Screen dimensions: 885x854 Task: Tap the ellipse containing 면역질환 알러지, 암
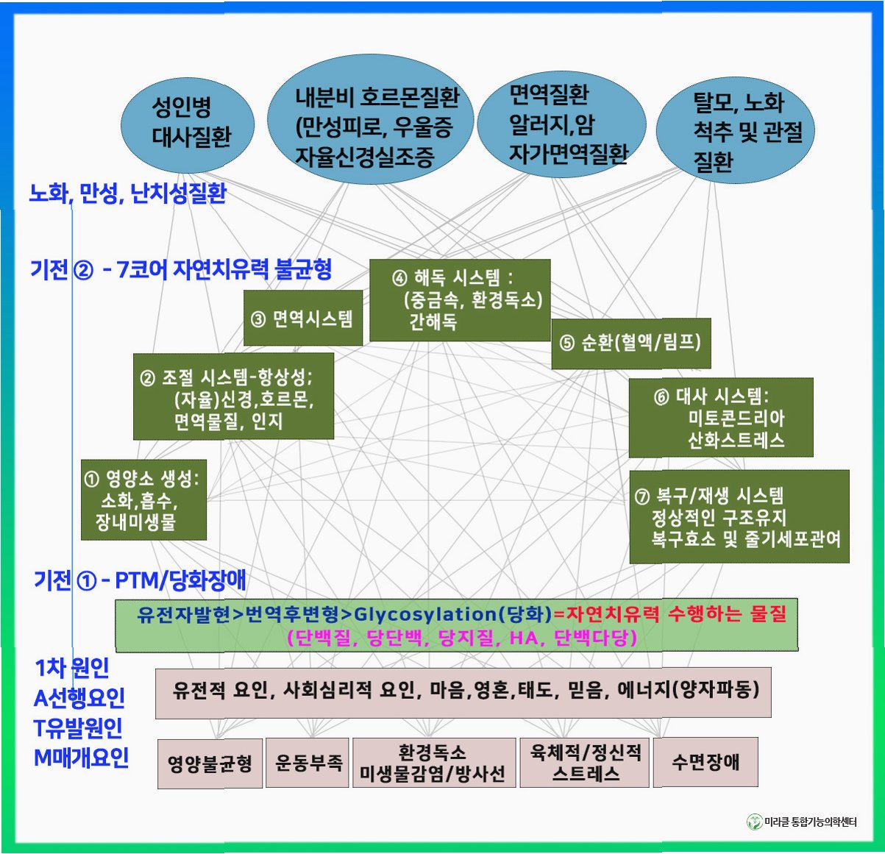pos(561,124)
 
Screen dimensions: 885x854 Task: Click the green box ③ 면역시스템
pos(302,319)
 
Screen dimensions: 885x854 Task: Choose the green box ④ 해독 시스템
pos(459,300)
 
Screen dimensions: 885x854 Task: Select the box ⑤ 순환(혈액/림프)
pos(630,343)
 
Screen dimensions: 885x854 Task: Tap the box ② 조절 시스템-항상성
pos(233,397)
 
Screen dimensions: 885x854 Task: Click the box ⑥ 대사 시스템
pos(720,418)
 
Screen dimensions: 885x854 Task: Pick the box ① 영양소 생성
pos(143,500)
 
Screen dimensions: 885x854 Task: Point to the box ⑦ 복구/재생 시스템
pos(739,517)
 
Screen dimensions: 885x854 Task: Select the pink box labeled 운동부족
pos(308,763)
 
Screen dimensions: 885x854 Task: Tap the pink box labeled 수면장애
pos(705,762)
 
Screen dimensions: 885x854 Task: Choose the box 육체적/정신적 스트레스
pos(585,763)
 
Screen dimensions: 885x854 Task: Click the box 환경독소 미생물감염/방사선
pos(433,764)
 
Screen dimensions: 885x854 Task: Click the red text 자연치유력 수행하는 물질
pos(675,613)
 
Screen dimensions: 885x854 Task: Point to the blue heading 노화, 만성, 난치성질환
pos(128,194)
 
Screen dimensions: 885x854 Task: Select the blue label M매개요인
pos(81,758)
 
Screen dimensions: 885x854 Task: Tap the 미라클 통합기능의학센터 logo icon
pos(754,822)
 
